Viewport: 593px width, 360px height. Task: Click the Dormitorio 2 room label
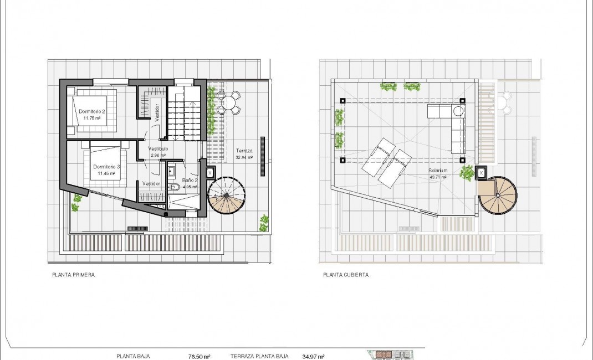[x=91, y=111]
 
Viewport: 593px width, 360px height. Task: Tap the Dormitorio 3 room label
[x=106, y=167]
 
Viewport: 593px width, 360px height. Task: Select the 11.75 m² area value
[x=91, y=118]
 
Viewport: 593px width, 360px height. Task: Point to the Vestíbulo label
[x=158, y=148]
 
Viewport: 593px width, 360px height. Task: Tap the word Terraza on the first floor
[x=244, y=151]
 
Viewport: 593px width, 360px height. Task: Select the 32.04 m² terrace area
[x=244, y=157]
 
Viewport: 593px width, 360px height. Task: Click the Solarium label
[x=438, y=171]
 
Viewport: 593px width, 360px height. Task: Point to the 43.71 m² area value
[x=438, y=178]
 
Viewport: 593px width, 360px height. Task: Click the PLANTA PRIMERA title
[x=73, y=274]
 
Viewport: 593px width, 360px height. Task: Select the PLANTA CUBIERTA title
[x=346, y=274]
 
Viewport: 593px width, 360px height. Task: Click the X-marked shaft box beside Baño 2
[x=209, y=173]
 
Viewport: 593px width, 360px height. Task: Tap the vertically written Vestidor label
[x=157, y=112]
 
